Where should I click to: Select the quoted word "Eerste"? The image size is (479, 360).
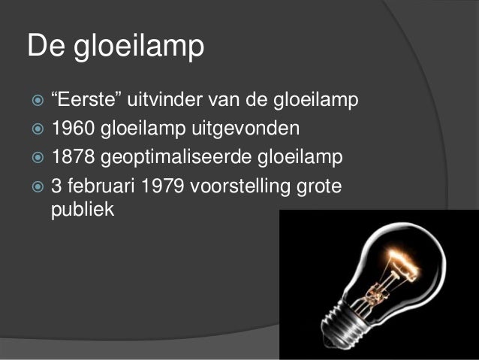86,100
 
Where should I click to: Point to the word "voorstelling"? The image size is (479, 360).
244,186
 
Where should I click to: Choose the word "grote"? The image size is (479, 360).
320,186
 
